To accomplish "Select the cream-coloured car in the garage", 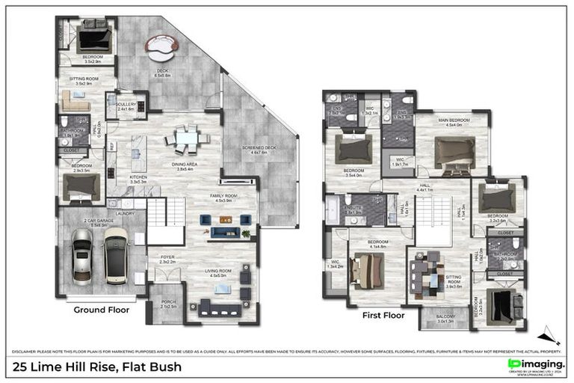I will coord(116,254).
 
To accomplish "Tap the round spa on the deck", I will coord(161,49).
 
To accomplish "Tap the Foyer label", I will coord(168,258).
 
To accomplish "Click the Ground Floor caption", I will coord(101,309).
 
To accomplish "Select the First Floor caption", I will coord(383,315).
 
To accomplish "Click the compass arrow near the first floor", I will coord(548,334).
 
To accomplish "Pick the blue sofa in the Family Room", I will coord(225,233).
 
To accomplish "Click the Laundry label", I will coord(125,213).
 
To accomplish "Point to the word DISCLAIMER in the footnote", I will coord(27,350).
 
